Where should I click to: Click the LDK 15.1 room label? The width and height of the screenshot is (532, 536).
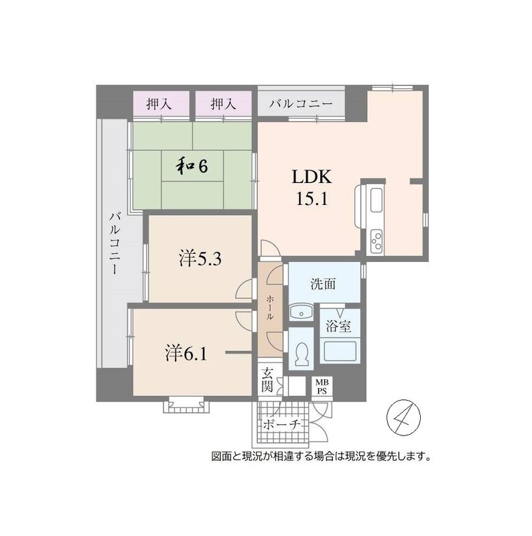coord(311,188)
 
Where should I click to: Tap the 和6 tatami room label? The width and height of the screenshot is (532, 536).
coord(192,166)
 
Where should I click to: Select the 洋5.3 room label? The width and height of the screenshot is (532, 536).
coord(200,259)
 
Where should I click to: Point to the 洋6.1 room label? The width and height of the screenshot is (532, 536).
coord(186,354)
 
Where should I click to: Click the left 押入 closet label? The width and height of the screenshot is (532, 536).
coord(159,104)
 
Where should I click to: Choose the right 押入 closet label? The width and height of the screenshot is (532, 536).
coord(223,104)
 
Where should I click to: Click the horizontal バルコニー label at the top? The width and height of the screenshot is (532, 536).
coord(301,104)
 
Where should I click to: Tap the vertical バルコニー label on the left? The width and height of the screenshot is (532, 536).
coord(115,243)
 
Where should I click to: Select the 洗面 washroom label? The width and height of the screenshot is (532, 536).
coord(323,283)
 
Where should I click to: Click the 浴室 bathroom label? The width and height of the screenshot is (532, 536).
coord(338,326)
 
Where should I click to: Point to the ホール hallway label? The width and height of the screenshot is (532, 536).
coord(270,308)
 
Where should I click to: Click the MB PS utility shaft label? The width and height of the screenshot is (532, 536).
coord(322,387)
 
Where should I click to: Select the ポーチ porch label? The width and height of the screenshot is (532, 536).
coord(281,425)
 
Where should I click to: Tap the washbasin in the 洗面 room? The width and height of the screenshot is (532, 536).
coord(301,312)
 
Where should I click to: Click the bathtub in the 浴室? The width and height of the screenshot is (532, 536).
coord(340,350)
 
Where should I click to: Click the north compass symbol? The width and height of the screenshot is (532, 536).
coord(404,417)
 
